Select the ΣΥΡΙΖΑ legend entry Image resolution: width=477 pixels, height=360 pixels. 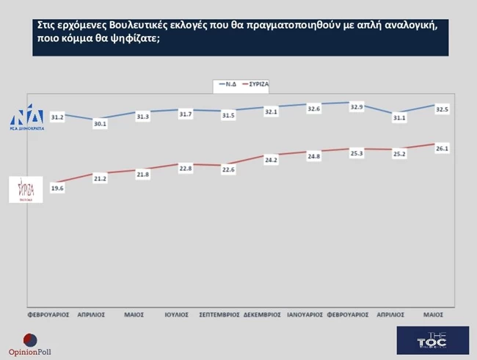click(x=258, y=84)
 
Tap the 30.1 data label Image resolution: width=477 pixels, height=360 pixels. click(x=100, y=124)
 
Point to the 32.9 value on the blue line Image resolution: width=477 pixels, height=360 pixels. click(x=356, y=107)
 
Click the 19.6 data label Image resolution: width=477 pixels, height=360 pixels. click(x=57, y=187)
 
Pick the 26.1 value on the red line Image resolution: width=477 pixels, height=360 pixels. click(x=443, y=149)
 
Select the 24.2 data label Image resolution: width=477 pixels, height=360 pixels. click(x=271, y=159)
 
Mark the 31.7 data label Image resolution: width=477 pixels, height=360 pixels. click(x=185, y=114)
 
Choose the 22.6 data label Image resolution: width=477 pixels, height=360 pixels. click(x=228, y=169)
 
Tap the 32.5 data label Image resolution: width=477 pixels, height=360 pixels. click(x=443, y=109)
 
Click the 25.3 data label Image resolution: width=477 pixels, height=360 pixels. click(x=357, y=153)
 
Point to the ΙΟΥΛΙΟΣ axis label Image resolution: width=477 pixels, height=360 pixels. click(x=177, y=314)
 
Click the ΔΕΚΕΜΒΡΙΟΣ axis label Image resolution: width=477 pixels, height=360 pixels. click(x=262, y=314)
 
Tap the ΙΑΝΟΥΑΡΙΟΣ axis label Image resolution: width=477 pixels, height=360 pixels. click(x=305, y=314)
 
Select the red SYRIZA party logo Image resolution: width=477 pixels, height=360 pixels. click(x=29, y=189)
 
